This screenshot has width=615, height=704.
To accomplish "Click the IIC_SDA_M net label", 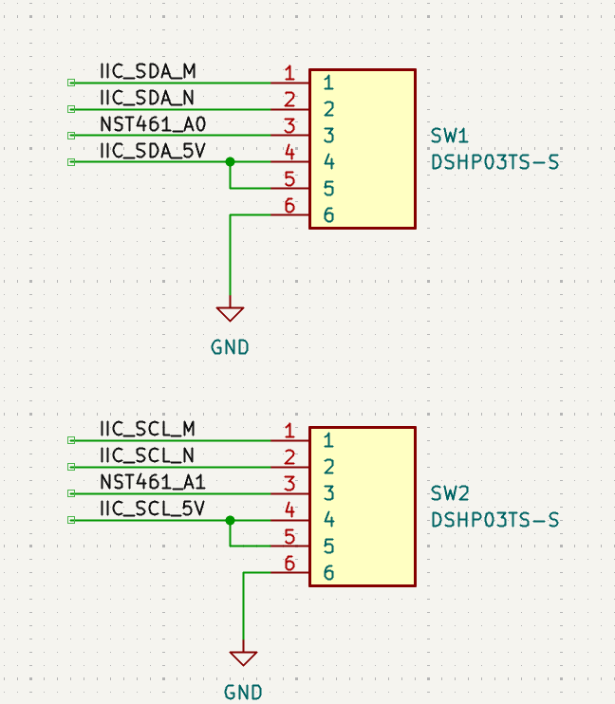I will point(147,71).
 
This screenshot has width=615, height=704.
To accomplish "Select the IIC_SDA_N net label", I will point(147,98).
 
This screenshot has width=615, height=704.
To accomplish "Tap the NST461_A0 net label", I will point(152,124).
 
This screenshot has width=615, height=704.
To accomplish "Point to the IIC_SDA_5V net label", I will point(152,151).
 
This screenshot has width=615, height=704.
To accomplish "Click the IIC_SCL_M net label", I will point(147,429).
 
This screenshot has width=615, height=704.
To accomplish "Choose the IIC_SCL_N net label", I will point(147,455).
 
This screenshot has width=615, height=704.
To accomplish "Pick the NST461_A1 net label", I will point(152,482).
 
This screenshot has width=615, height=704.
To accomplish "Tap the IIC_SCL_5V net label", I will point(152,509).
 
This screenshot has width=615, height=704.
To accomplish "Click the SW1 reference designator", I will point(450,137).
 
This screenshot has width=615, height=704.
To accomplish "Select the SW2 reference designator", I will point(450,494).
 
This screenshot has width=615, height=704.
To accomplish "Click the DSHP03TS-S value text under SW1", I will point(494,162).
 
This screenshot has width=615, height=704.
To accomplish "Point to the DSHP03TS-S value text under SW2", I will point(494,520).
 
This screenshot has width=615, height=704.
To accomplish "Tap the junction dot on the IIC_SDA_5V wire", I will point(230,162).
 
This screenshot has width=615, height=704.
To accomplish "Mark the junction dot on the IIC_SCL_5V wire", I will point(230,520).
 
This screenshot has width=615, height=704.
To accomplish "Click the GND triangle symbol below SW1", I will point(230,313).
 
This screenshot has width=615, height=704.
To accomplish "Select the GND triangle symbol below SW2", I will point(243,658).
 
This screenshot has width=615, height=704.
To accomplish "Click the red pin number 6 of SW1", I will point(289,206).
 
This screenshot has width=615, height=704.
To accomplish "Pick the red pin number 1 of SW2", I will point(289,432).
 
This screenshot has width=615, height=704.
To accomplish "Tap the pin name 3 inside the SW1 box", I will point(327,136).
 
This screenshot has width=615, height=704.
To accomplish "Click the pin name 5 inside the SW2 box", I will point(327,547).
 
